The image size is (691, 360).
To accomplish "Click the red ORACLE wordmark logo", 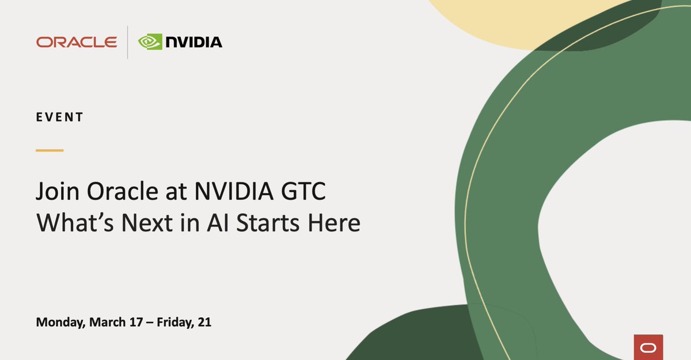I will coord(77,42).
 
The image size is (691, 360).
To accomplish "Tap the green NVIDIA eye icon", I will coord(150,42).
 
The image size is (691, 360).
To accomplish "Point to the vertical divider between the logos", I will coord(127,42).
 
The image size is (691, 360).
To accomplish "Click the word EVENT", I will coord(59,117).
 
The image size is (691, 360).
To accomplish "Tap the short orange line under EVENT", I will coord(50,150).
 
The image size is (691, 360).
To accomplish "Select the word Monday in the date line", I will coord(61,323).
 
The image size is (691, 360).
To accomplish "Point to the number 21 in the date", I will coord(205,323).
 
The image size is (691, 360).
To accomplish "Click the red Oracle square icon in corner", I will coord(648,347).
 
